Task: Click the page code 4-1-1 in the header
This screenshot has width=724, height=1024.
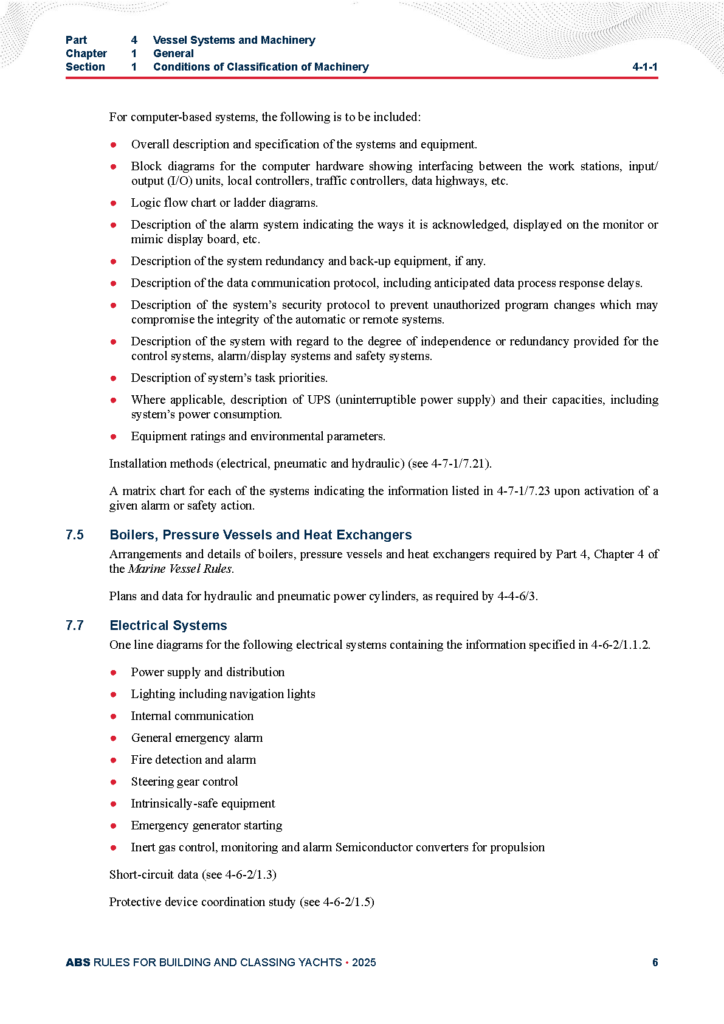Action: pyautogui.click(x=644, y=67)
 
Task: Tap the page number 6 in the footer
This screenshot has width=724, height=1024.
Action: pyautogui.click(x=655, y=962)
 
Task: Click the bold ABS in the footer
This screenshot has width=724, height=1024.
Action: pyautogui.click(x=78, y=962)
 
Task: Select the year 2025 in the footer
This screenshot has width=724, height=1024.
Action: pyautogui.click(x=364, y=962)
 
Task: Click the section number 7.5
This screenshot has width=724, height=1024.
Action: pyautogui.click(x=75, y=535)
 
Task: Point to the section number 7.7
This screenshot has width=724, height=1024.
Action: pyautogui.click(x=75, y=626)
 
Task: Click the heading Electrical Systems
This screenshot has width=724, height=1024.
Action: pyautogui.click(x=168, y=626)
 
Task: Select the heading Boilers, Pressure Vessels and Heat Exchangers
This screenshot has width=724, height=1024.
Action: pyautogui.click(x=260, y=535)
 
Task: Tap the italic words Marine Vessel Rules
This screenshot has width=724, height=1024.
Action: pyautogui.click(x=180, y=569)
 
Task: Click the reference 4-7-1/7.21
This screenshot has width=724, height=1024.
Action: pyautogui.click(x=458, y=464)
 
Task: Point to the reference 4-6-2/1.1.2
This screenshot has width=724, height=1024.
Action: pyautogui.click(x=619, y=645)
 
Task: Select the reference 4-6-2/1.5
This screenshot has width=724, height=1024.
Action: pyautogui.click(x=346, y=902)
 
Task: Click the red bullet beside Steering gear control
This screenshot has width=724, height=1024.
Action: pyautogui.click(x=113, y=782)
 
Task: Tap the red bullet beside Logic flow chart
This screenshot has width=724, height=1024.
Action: pyautogui.click(x=113, y=203)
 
